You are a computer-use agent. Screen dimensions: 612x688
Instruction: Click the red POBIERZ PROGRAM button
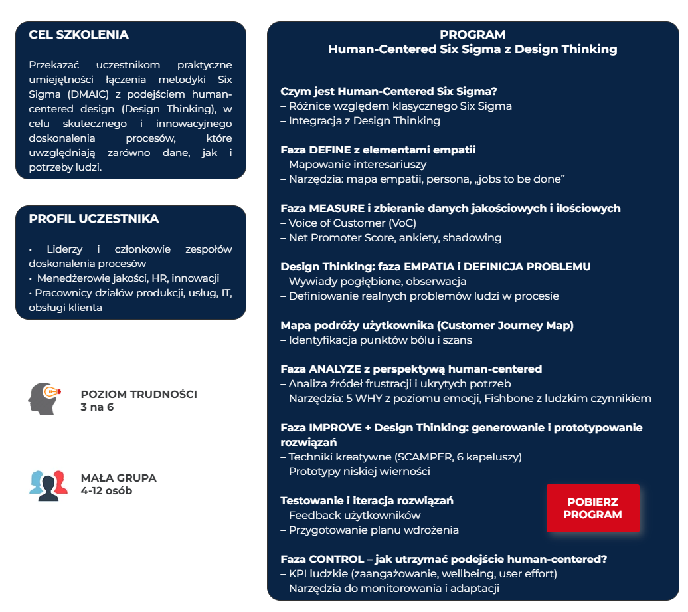[x=592, y=508]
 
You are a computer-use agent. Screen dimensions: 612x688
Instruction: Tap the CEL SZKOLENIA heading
[x=79, y=35]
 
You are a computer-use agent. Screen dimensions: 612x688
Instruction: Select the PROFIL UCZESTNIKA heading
[x=94, y=219]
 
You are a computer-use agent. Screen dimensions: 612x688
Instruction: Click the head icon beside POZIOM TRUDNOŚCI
[x=43, y=398]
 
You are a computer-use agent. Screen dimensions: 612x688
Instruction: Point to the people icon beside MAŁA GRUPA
[x=48, y=484]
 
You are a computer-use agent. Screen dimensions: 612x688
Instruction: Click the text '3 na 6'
[x=97, y=407]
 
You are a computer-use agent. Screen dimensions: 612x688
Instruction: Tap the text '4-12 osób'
[x=106, y=491]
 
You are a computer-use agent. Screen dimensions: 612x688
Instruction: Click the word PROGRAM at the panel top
[x=472, y=35]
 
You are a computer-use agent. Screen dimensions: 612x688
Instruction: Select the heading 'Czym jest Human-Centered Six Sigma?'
[x=388, y=92]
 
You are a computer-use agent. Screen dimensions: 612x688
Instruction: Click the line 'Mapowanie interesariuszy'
[x=357, y=164]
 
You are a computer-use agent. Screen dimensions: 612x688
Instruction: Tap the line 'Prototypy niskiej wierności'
[x=359, y=471]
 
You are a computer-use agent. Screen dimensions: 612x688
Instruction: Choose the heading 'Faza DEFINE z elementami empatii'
[x=378, y=150]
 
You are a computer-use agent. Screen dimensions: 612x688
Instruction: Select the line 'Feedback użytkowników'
[x=354, y=515]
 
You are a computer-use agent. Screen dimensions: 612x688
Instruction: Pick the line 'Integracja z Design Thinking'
[x=364, y=120]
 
